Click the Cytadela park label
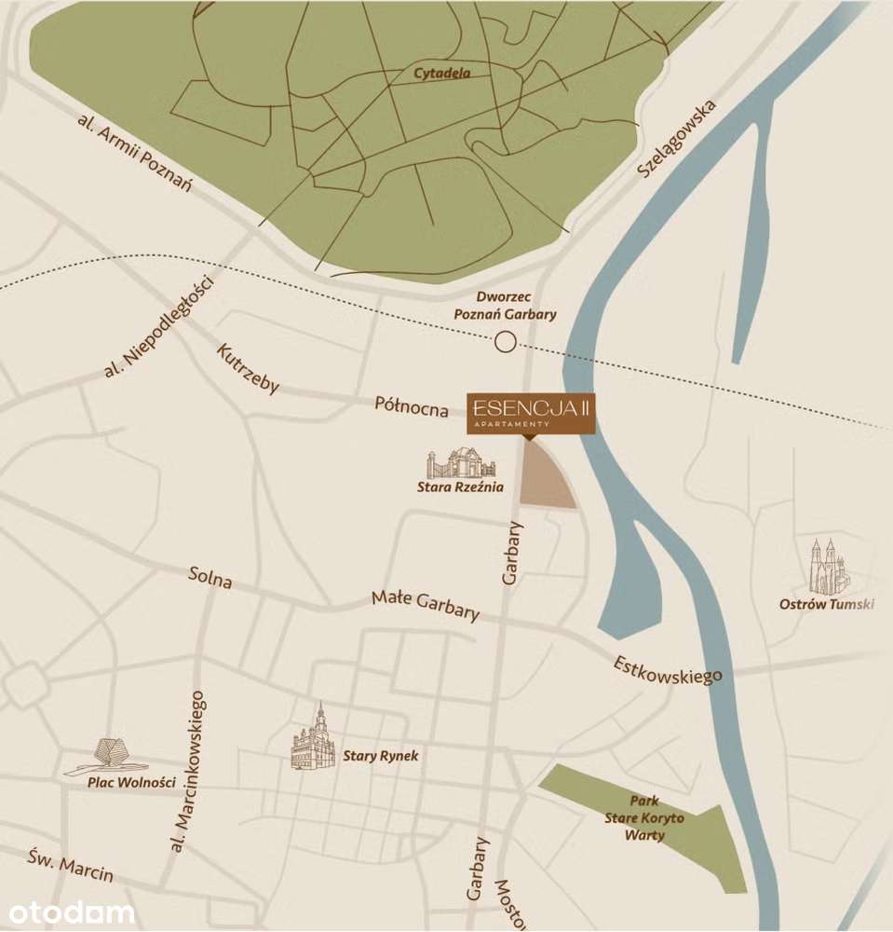[441, 74]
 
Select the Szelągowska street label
[677, 140]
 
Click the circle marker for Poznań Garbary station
[505, 343]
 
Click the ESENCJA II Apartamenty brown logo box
[531, 412]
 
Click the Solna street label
[210, 577]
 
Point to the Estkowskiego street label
[667, 669]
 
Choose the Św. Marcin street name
[70, 865]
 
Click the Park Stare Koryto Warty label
[644, 817]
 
